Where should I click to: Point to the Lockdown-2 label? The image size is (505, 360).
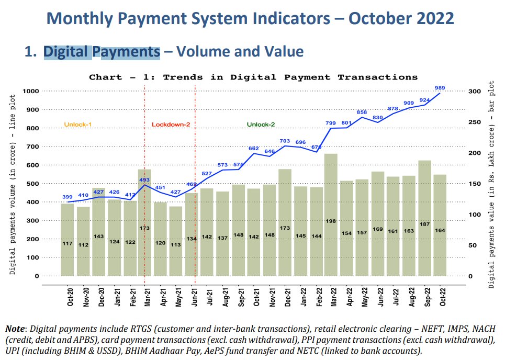click(x=171, y=125)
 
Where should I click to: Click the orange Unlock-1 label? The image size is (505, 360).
click(x=78, y=125)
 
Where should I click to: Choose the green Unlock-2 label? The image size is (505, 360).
click(x=261, y=125)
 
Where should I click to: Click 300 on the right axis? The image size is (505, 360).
click(x=474, y=91)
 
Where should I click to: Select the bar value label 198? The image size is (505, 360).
click(x=331, y=221)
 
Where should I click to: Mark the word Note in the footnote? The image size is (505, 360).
click(x=16, y=329)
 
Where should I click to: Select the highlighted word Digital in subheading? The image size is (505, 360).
click(x=66, y=51)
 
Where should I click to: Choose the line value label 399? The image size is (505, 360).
click(x=68, y=197)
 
